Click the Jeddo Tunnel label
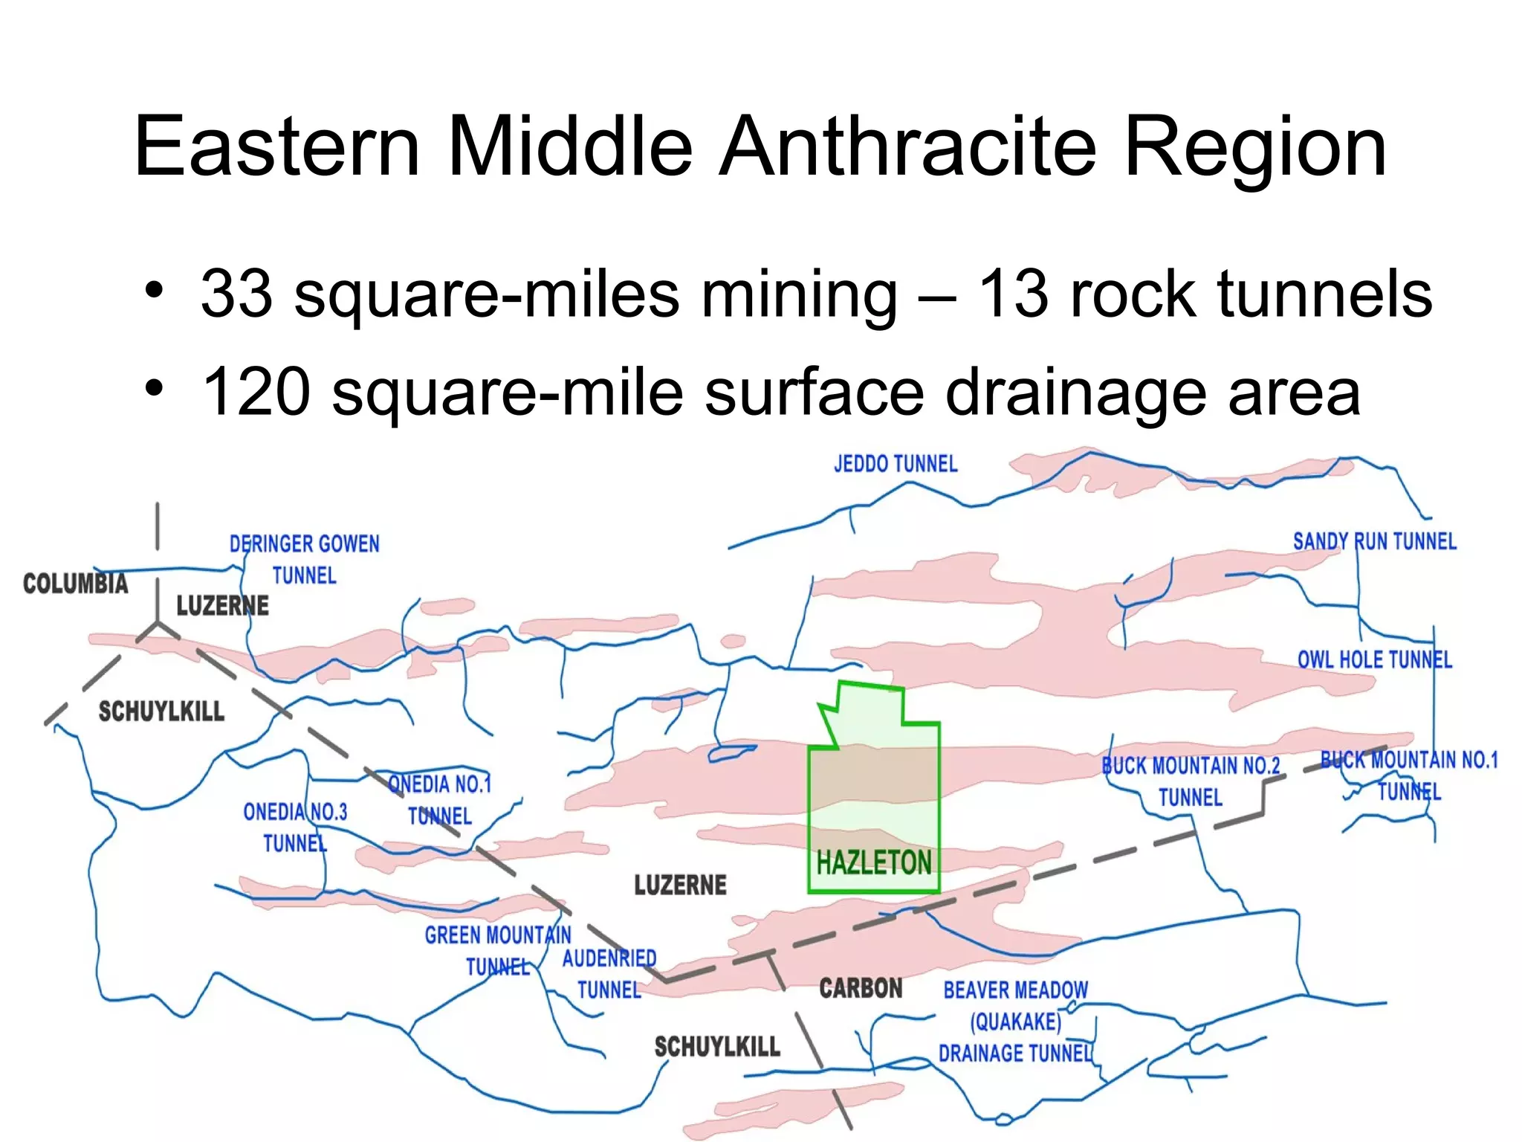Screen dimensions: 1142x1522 (x=895, y=465)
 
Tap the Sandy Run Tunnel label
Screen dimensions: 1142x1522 (x=1374, y=541)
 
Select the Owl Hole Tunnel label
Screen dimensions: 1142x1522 (x=1374, y=659)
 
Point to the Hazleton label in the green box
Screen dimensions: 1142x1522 (x=873, y=863)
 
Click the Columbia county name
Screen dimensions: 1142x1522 (x=75, y=584)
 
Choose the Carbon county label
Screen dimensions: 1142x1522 (x=861, y=988)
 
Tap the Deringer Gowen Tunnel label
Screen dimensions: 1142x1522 (x=304, y=559)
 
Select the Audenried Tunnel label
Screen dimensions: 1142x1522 (x=609, y=974)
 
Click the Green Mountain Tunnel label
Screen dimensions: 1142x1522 (x=498, y=950)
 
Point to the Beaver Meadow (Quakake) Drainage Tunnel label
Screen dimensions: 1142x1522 (x=1015, y=1022)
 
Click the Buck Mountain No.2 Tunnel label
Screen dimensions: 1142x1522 (x=1191, y=781)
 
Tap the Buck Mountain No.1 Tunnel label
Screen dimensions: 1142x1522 (x=1409, y=775)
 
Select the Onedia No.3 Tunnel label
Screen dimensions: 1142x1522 (x=295, y=828)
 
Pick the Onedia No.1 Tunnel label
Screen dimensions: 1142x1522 (x=440, y=800)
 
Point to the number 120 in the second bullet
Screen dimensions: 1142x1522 (x=256, y=392)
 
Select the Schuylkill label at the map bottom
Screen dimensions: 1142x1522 (x=717, y=1047)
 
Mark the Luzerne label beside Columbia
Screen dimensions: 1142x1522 (x=222, y=606)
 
